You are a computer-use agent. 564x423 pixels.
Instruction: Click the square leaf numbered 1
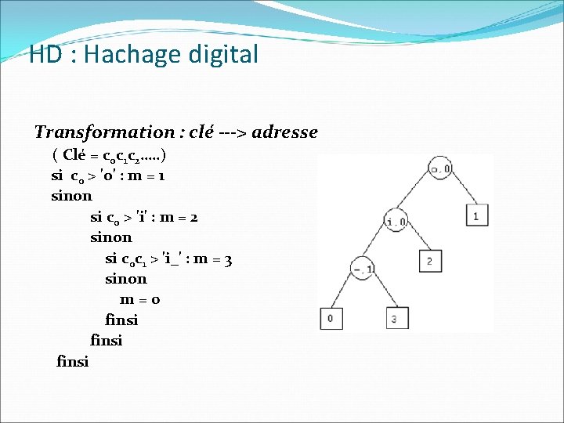click(x=475, y=214)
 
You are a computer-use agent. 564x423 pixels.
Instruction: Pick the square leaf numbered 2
click(x=429, y=261)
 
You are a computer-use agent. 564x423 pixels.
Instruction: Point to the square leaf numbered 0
click(x=330, y=318)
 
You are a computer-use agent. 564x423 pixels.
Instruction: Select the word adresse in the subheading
click(x=286, y=132)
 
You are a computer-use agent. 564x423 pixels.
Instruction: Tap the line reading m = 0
click(x=140, y=300)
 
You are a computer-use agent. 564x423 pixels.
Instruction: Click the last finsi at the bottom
click(x=73, y=361)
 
